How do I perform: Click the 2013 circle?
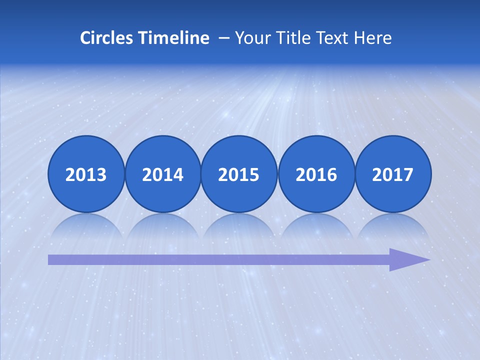86,174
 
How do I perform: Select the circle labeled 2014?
162,174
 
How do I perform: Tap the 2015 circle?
239,174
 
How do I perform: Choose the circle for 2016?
316,174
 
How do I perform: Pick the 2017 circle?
392,174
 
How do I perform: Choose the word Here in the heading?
372,38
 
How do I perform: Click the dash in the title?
224,38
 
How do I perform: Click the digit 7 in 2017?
407,174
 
